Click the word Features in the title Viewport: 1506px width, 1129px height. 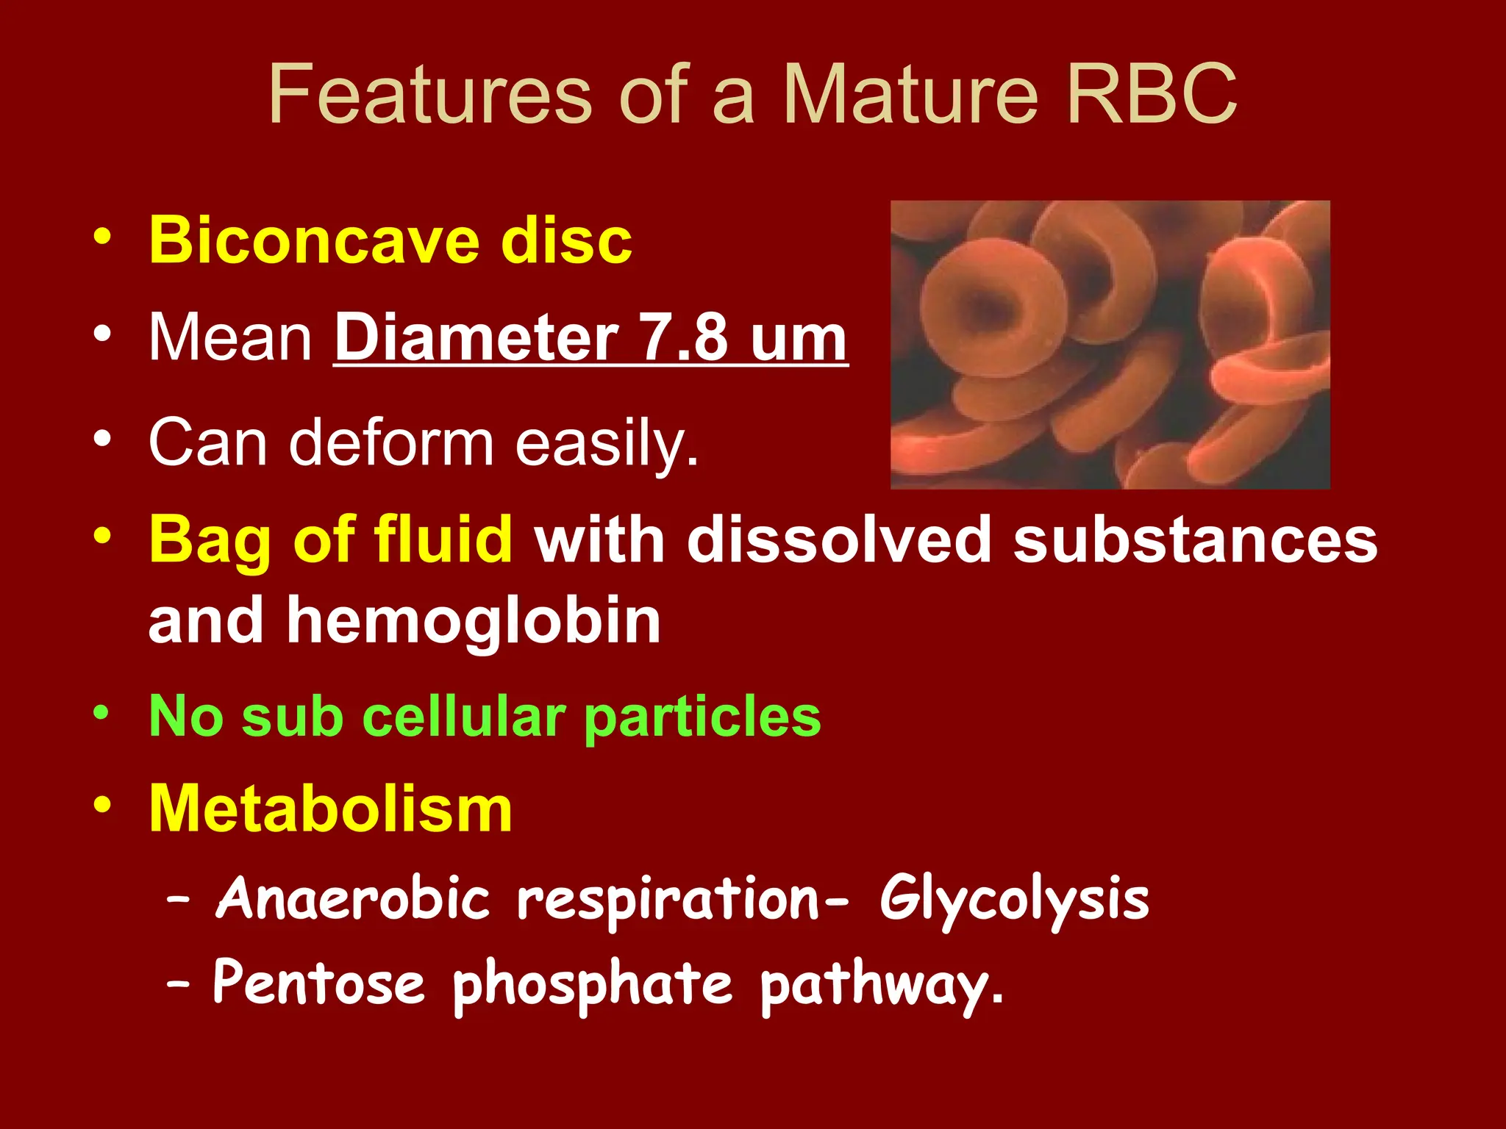pos(429,96)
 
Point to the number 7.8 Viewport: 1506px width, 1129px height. pos(685,338)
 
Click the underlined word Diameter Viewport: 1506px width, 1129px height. pos(476,338)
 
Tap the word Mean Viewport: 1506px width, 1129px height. pos(231,338)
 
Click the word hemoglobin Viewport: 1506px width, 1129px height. pos(474,621)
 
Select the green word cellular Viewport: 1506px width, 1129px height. pos(463,716)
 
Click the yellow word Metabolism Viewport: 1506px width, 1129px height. pos(330,809)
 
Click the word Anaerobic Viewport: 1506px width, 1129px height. pos(352,899)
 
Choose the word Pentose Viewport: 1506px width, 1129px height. pos(318,983)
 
